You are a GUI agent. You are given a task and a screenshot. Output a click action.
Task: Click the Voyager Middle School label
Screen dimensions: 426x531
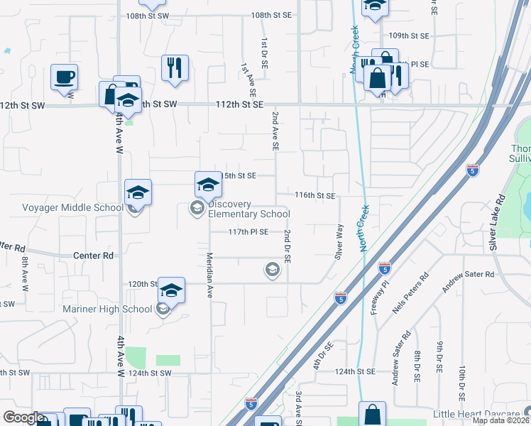pyautogui.click(x=63, y=207)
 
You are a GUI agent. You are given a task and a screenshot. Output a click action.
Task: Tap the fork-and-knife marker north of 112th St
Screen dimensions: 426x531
pyautogui.click(x=175, y=68)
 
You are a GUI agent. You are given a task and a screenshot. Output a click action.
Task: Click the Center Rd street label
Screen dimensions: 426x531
pyautogui.click(x=93, y=255)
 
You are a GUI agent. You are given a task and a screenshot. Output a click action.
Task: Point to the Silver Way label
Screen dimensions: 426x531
pyautogui.click(x=339, y=241)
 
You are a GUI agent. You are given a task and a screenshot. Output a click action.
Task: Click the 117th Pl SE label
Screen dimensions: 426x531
pyautogui.click(x=248, y=231)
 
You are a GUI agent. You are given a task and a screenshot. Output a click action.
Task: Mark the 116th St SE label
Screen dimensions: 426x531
pyautogui.click(x=315, y=195)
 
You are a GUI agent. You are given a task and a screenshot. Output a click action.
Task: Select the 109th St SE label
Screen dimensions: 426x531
pyautogui.click(x=410, y=35)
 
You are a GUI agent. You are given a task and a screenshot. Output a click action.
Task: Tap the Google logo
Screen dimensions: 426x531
pyautogui.click(x=23, y=417)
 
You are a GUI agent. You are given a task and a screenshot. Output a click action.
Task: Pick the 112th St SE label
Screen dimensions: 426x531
pyautogui.click(x=240, y=104)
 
